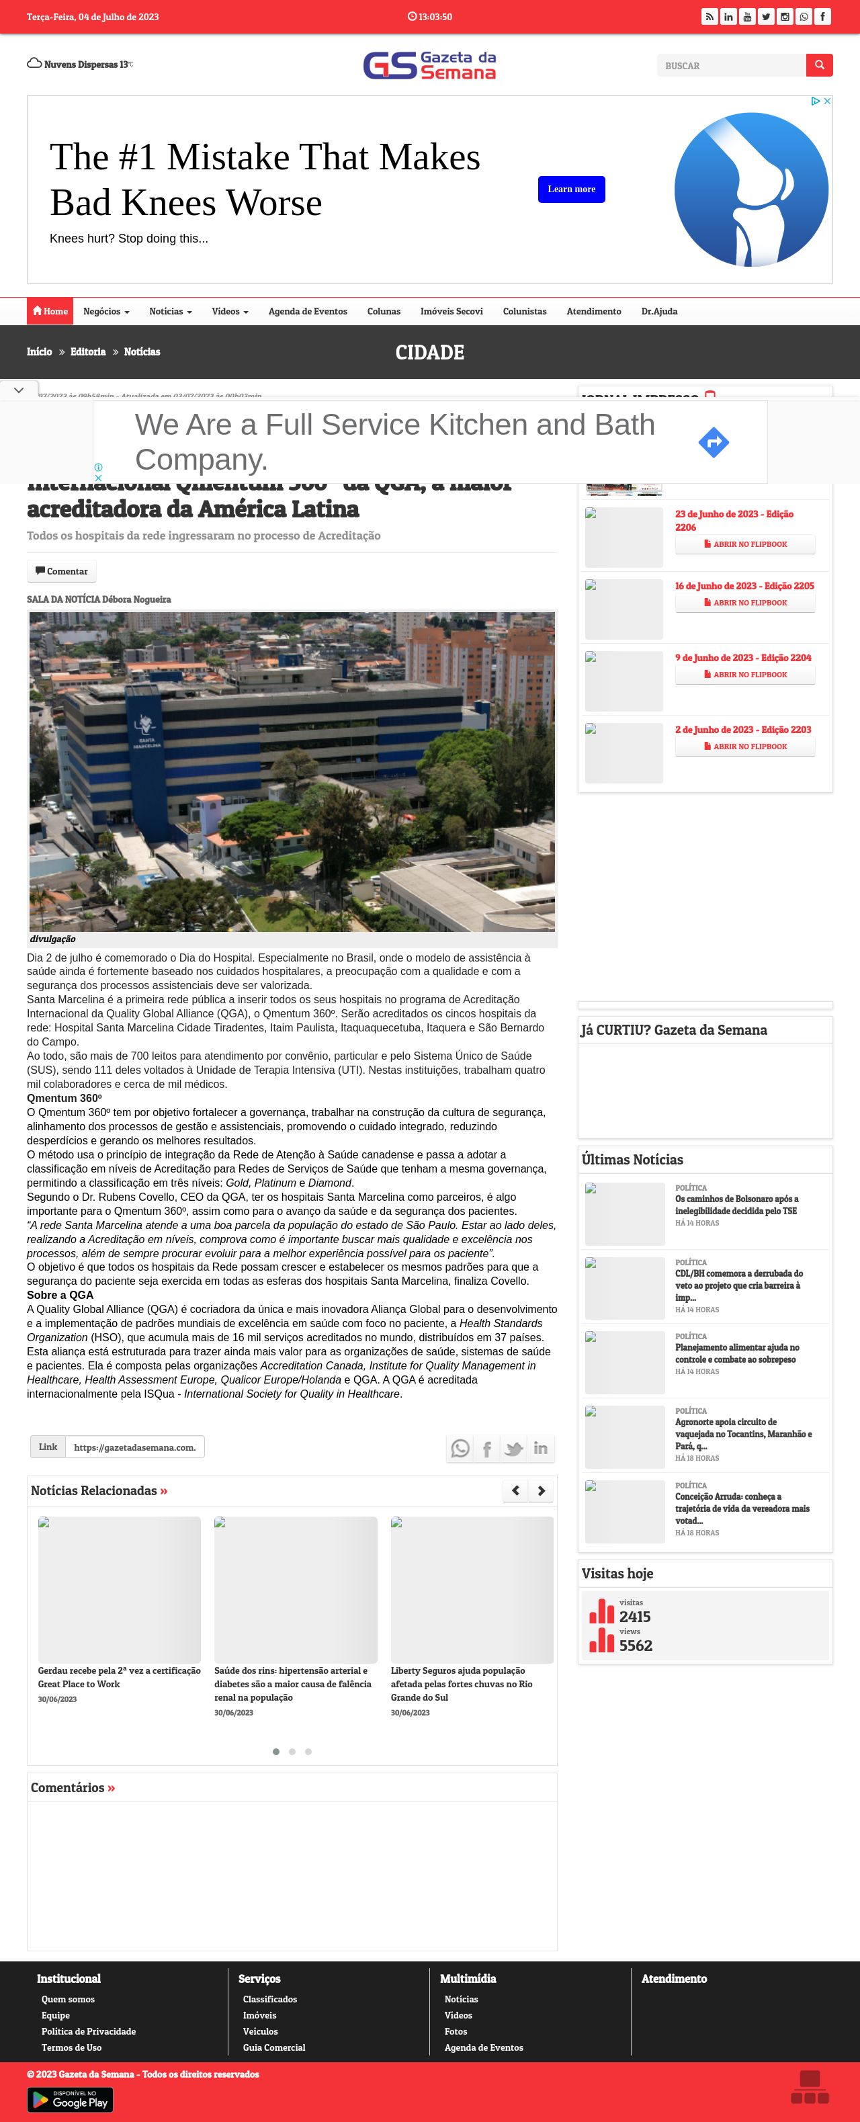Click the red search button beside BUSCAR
pos(819,65)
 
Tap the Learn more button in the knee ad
pos(571,189)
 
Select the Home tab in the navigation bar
pos(50,311)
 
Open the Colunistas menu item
pos(524,311)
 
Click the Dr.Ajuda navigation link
pos(659,311)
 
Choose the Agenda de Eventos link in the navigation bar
pos(307,311)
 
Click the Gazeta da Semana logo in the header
pos(429,65)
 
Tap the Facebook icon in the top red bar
pos(822,17)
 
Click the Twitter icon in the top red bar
pos(766,17)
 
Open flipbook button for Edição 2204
pos(744,675)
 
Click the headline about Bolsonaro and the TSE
pos(736,1204)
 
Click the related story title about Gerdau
pos(119,1677)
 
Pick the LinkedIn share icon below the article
pos(540,1448)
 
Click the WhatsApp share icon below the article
pos(460,1448)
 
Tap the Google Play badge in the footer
pos(70,2099)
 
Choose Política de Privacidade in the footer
pos(88,2031)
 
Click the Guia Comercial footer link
pos(273,2048)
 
